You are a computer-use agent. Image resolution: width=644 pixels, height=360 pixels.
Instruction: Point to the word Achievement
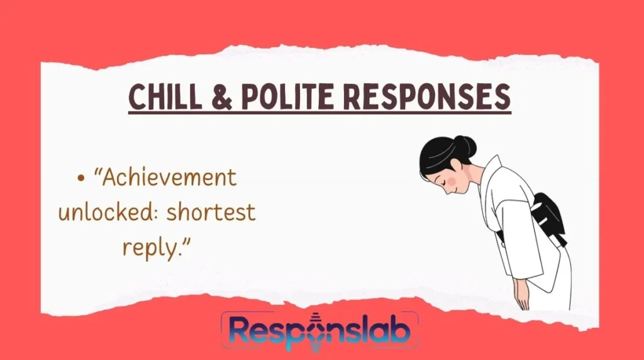click(169, 178)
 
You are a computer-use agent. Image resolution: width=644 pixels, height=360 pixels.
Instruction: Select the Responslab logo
click(319, 330)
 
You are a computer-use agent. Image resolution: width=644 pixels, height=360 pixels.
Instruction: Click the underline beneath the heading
click(319, 113)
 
